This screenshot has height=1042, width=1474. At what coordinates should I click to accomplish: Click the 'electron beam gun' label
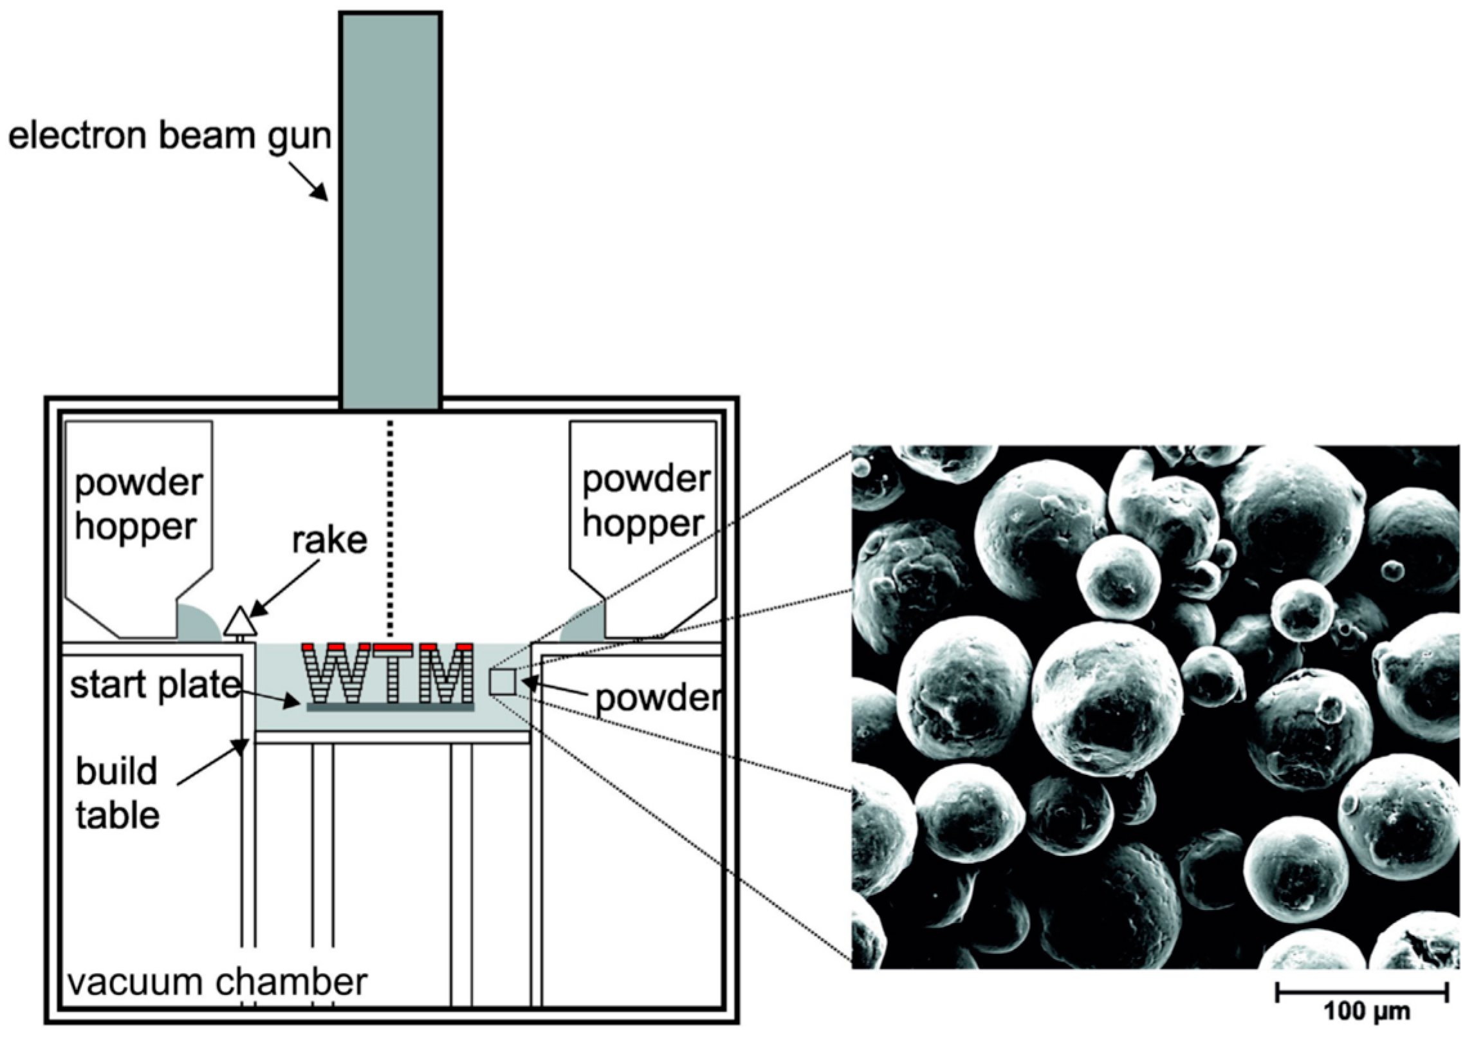(169, 136)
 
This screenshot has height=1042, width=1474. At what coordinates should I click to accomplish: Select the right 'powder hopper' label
(645, 501)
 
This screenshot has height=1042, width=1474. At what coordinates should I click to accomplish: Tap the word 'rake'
(329, 541)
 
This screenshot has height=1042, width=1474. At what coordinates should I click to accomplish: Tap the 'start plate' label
(154, 685)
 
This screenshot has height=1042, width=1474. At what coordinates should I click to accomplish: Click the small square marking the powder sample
(502, 682)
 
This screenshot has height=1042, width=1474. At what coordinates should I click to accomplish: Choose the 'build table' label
(117, 793)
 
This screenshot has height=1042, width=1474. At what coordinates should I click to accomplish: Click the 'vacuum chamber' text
(217, 982)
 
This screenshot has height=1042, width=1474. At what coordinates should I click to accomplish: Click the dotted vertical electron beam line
(389, 528)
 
